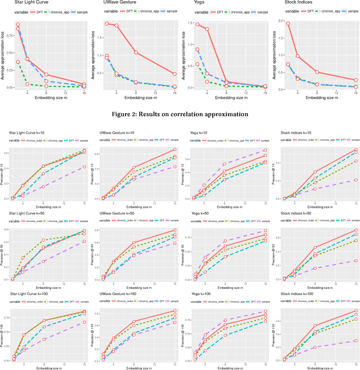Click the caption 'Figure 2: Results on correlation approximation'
click(180, 114)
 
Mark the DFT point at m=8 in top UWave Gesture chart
click(136, 52)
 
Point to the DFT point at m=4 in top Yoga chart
click(207, 29)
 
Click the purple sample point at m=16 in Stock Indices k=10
click(355, 180)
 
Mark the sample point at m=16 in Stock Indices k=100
click(355, 341)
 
